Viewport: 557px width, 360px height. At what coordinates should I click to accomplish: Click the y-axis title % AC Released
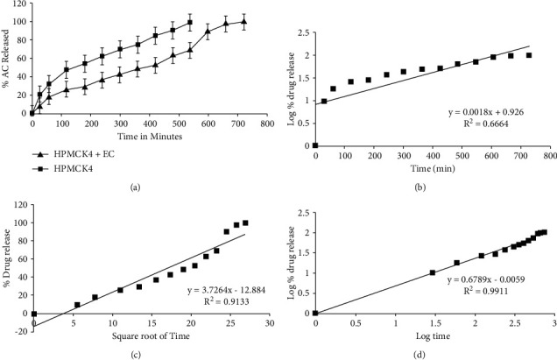point(6,60)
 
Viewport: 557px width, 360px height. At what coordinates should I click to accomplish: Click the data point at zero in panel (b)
point(316,145)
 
